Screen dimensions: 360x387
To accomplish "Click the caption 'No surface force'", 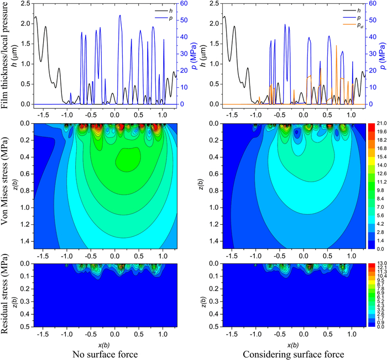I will [x=105, y=351].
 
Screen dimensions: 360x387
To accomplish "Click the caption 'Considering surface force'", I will [x=295, y=351].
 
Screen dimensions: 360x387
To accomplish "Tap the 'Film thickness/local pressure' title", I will [x=7, y=55].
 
